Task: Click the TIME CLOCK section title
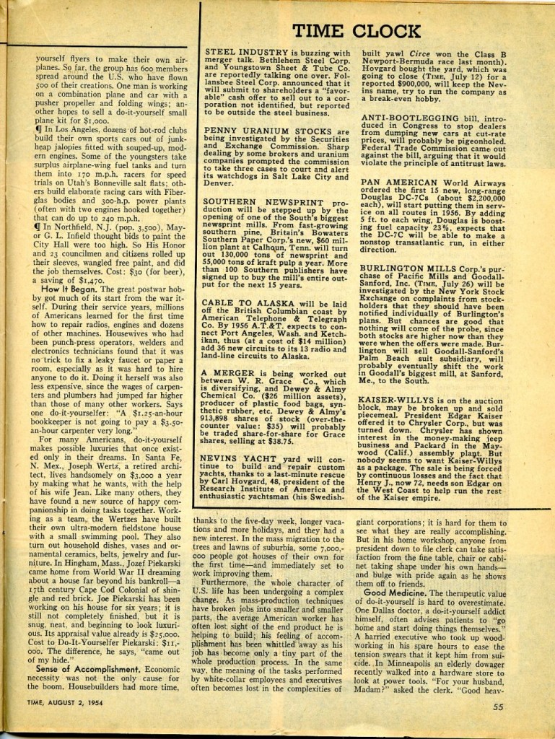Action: [357, 30]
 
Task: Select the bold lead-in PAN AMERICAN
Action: [394, 183]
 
